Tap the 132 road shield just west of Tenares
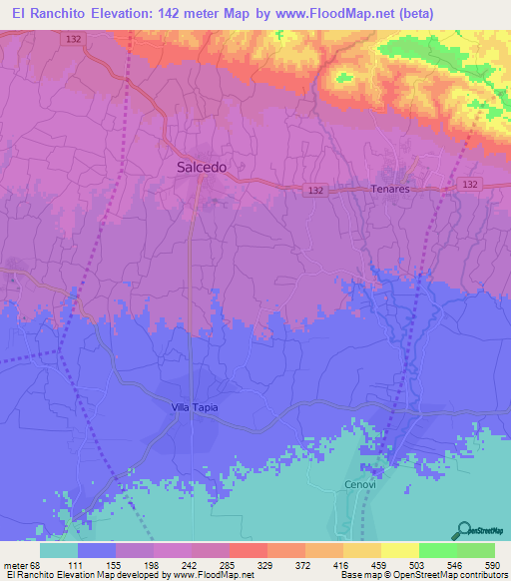coord(315,189)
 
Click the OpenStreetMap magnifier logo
coord(463,529)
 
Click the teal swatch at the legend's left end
coord(59,550)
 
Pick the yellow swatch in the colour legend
coord(399,550)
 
